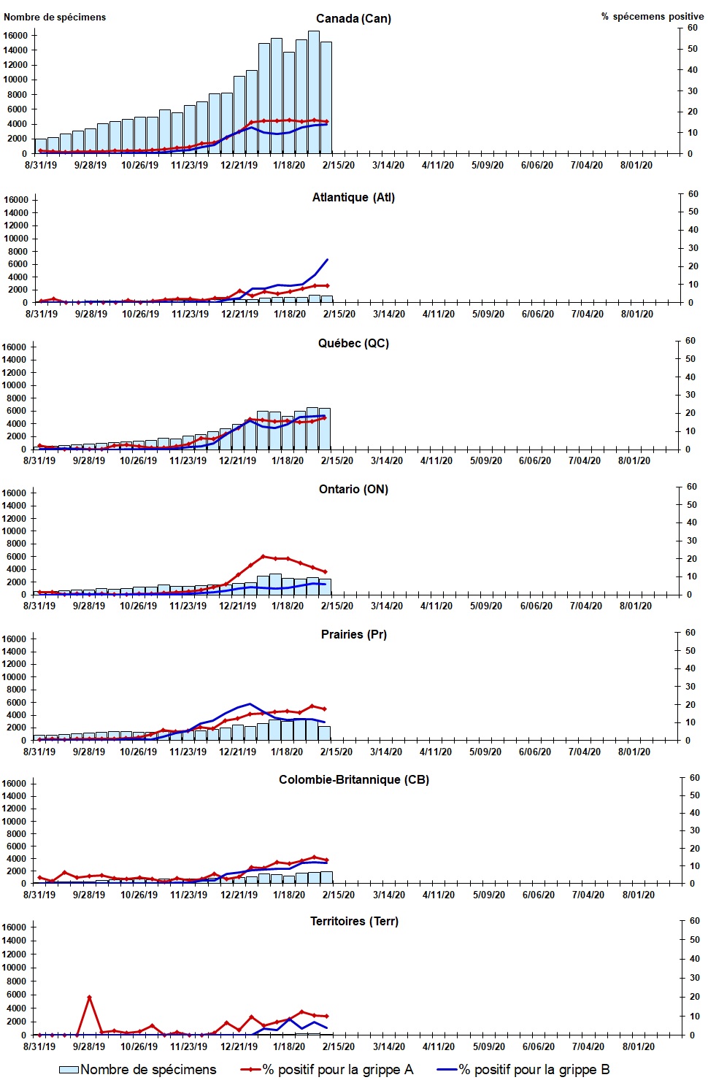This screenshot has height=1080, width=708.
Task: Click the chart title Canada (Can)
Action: coord(353,18)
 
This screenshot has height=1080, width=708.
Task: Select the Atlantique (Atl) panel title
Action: coord(353,197)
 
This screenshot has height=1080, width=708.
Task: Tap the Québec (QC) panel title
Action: coord(353,343)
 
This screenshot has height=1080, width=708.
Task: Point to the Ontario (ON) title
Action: coord(353,489)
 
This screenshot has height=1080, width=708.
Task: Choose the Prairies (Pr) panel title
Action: coord(353,634)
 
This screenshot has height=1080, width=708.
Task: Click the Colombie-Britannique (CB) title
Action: coord(353,779)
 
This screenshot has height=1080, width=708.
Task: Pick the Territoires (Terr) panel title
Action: coord(353,921)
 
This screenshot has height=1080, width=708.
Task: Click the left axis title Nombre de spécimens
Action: coord(55,17)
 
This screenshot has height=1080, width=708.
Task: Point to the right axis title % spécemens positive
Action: coord(653,16)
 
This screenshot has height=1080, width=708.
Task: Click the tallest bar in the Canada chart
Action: coord(314,91)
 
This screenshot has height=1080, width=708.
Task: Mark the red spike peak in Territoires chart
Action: coord(89,997)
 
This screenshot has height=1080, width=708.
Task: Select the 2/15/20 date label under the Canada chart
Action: coord(339,165)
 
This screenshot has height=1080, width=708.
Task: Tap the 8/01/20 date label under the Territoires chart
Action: coord(638,1046)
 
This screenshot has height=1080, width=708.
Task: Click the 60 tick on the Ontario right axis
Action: coord(690,487)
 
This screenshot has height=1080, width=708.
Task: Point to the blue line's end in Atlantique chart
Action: coord(327,259)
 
